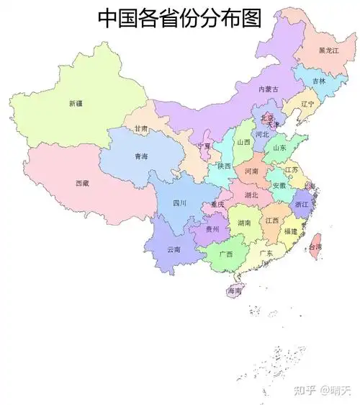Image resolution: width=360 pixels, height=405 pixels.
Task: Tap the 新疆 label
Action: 76,103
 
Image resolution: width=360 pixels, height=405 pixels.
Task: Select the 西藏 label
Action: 82,183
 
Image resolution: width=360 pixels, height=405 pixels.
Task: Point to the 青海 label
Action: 141,156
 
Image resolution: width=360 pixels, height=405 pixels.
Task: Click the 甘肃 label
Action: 141,129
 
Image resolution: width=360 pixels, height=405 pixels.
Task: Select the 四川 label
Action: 180,203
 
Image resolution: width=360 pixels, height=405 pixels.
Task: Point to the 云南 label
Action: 174,249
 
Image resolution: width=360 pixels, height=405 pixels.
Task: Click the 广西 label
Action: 225,254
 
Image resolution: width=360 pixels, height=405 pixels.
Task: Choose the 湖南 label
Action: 243,223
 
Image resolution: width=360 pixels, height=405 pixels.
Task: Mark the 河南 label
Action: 251,172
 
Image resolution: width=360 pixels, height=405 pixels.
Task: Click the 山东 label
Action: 279,148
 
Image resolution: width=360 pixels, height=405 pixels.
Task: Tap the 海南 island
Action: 235,291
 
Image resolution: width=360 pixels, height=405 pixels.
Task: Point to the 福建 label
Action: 290,231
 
